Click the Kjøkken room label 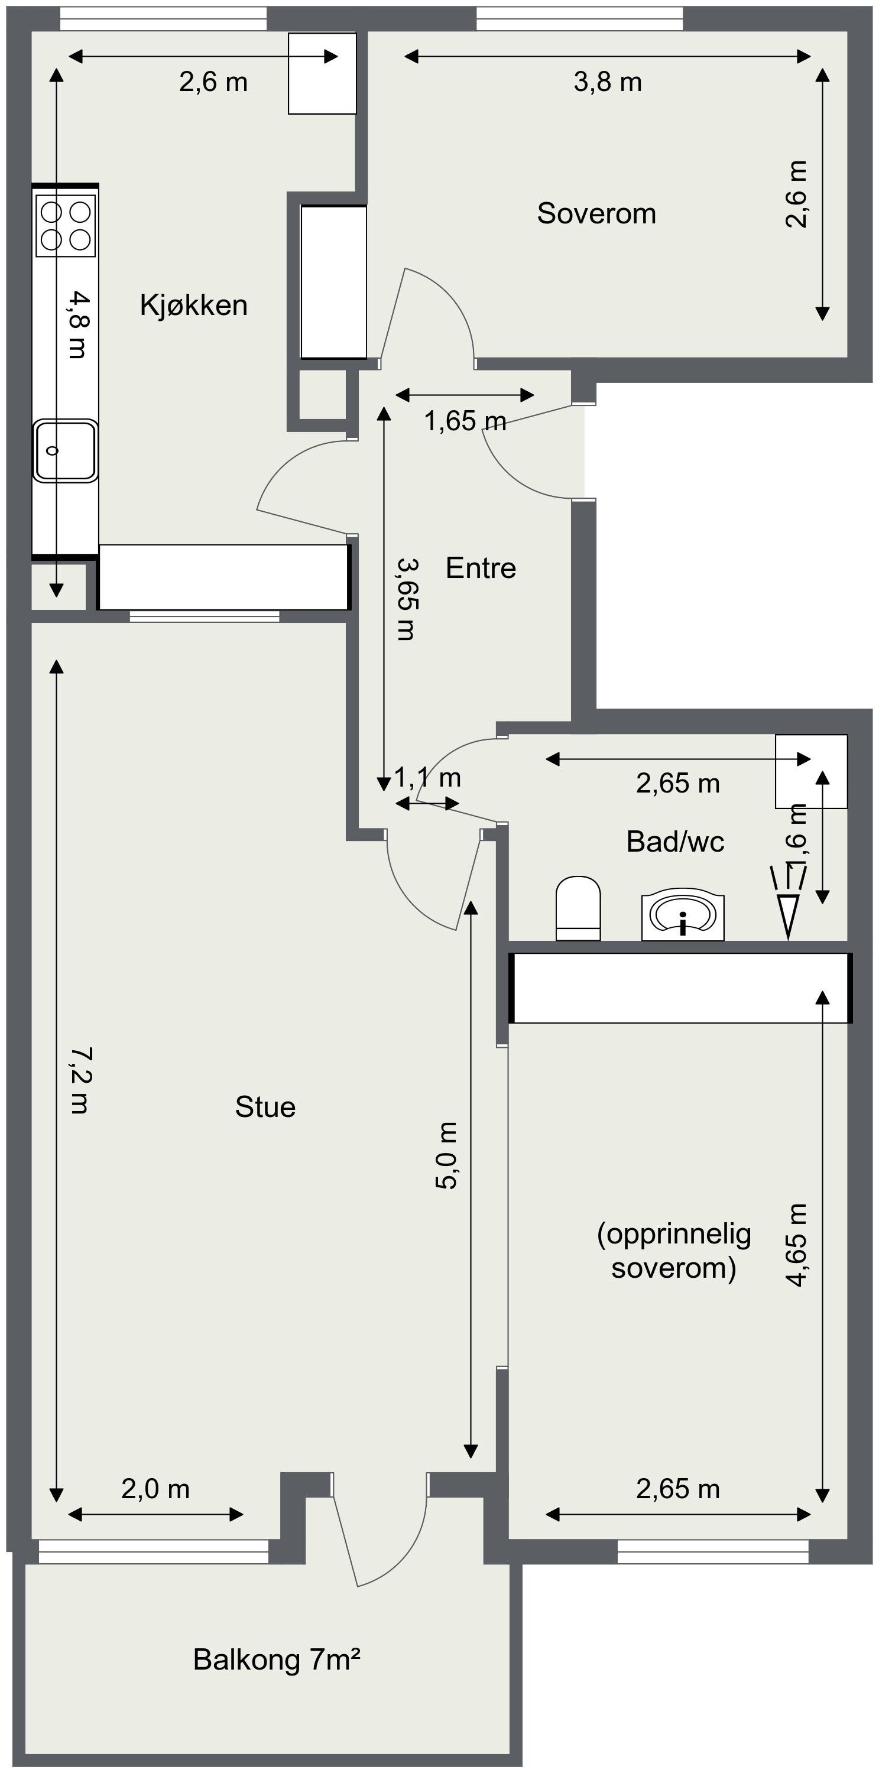tap(193, 305)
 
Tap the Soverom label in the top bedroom tap(596, 213)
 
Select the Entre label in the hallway tap(481, 568)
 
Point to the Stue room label tap(265, 1107)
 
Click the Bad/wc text tap(675, 842)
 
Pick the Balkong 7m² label tap(277, 1660)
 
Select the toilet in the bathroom tap(578, 908)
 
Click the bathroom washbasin tap(683, 916)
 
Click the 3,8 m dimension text tap(608, 83)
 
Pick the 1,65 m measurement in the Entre tap(465, 421)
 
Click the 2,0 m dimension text tap(155, 1489)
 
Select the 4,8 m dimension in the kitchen tap(79, 324)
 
